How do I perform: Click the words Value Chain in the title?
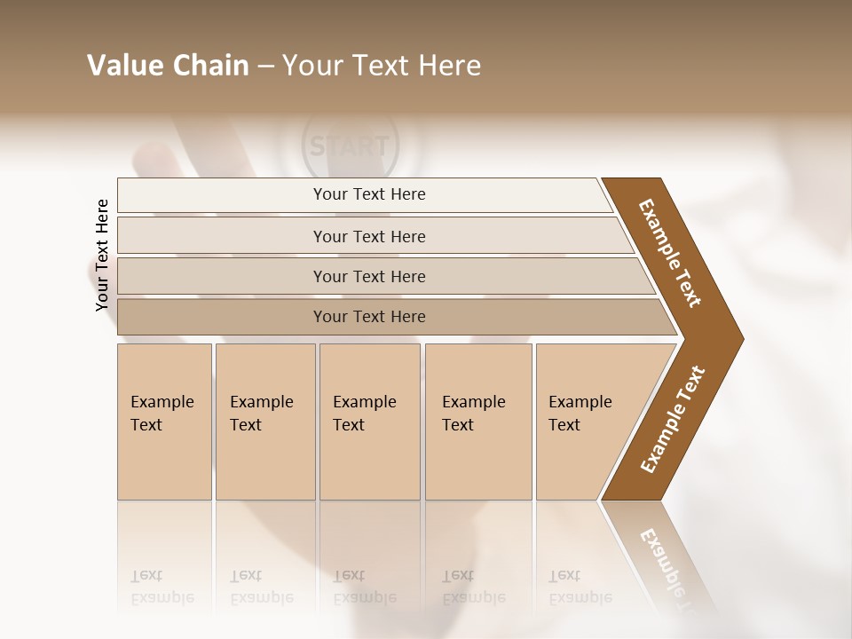[x=168, y=66]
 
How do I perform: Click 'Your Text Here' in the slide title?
[x=382, y=66]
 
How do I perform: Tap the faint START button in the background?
[x=351, y=146]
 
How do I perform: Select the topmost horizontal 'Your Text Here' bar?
[x=369, y=194]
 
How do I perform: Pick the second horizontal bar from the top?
[x=369, y=236]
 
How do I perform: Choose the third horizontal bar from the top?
[x=369, y=276]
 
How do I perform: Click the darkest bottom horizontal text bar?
[x=369, y=317]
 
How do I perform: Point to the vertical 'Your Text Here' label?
[x=102, y=255]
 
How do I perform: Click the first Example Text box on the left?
[x=164, y=422]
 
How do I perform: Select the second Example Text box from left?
[x=265, y=422]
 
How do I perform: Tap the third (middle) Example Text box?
[x=369, y=422]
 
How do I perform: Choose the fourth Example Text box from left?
[x=478, y=422]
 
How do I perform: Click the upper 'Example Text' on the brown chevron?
[x=670, y=253]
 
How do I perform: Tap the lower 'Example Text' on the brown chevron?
[x=673, y=420]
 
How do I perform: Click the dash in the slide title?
[x=265, y=67]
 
